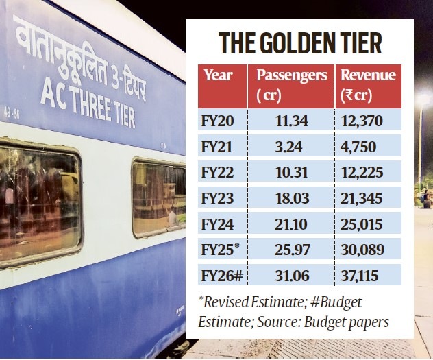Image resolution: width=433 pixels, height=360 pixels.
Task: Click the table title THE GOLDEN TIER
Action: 300,43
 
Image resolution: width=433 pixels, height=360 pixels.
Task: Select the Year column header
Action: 219,76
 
